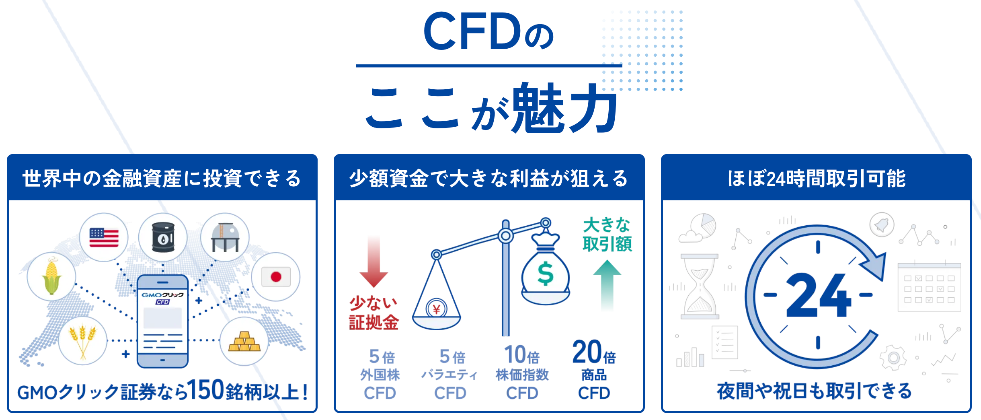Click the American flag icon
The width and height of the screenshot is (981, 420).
pyautogui.click(x=104, y=237)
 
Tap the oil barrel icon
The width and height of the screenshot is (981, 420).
pyautogui.click(x=163, y=237)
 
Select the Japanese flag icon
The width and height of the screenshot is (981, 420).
pyautogui.click(x=276, y=277)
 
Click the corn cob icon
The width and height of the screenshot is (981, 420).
pyautogui.click(x=51, y=276)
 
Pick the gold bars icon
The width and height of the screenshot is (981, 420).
pyautogui.click(x=244, y=342)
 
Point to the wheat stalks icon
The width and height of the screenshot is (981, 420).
pyautogui.click(x=83, y=341)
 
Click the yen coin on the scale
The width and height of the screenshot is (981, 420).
pyautogui.click(x=436, y=309)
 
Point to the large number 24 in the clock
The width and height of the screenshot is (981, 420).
pyautogui.click(x=818, y=295)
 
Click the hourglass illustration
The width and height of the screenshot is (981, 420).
pyautogui.click(x=700, y=286)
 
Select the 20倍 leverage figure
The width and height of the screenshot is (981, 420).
pyautogui.click(x=593, y=353)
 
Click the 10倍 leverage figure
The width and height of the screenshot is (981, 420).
pyautogui.click(x=522, y=355)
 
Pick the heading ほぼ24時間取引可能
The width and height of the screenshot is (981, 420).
pyautogui.click(x=816, y=178)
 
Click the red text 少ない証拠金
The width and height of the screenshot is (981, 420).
pyautogui.click(x=374, y=313)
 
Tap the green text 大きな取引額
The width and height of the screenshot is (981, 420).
pyautogui.click(x=607, y=234)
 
